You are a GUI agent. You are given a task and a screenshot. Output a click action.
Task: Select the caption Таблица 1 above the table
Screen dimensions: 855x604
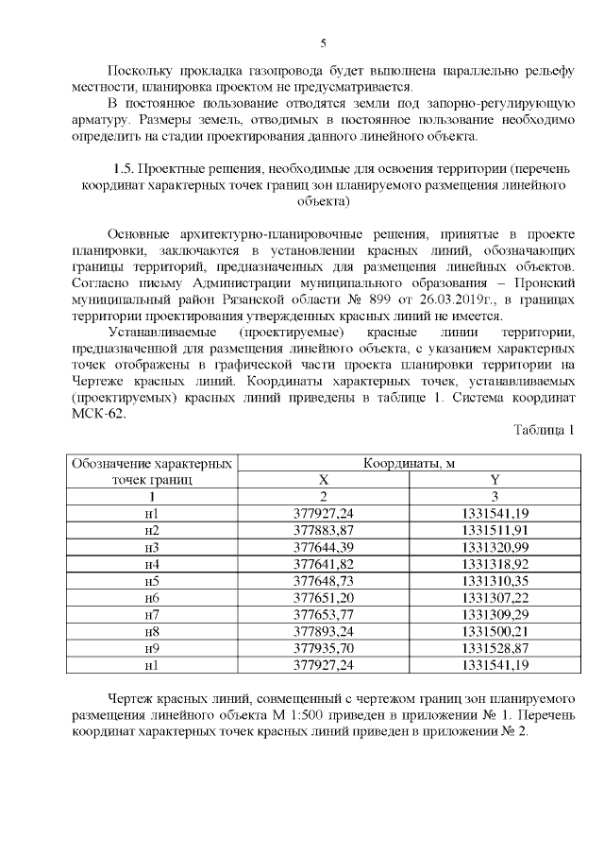coord(543,430)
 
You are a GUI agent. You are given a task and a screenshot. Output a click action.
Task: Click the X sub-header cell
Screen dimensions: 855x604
coord(324,480)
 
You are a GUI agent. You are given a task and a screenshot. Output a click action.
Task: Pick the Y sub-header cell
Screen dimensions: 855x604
coord(494,480)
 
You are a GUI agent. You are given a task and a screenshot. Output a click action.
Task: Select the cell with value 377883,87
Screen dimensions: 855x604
coord(324,529)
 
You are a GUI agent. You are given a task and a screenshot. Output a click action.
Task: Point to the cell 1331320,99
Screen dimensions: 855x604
coord(494,546)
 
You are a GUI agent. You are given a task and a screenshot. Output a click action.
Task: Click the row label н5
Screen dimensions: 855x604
coord(152,580)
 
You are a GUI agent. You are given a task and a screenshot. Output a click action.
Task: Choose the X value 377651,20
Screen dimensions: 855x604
coord(324,597)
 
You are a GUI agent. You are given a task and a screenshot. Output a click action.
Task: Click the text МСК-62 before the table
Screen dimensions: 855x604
coord(96,413)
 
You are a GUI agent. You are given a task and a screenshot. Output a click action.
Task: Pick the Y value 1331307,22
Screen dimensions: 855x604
coord(494,597)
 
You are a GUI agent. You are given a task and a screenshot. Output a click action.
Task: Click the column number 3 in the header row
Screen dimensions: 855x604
coord(494,496)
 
